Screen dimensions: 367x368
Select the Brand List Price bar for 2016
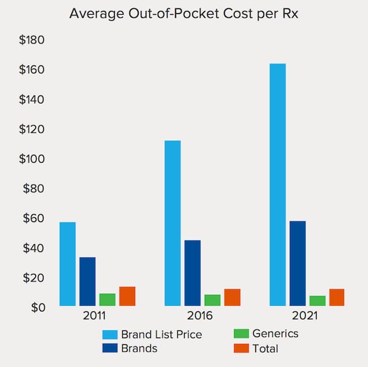click(x=172, y=223)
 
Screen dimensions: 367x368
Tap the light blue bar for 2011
click(x=68, y=264)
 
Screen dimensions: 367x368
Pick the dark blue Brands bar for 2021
click(x=298, y=263)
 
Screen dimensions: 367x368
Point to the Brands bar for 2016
click(x=193, y=273)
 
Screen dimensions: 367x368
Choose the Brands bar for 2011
click(x=87, y=281)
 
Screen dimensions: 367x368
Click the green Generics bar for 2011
click(x=108, y=300)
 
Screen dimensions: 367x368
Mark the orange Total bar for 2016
click(x=232, y=297)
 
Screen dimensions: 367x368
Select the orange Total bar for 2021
click(x=337, y=297)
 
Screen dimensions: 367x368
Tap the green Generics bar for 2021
click(x=317, y=300)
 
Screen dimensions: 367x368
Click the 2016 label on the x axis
click(x=200, y=317)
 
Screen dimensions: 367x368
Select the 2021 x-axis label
click(x=304, y=317)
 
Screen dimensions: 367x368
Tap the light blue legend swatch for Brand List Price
click(x=110, y=335)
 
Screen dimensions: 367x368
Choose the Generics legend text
click(x=275, y=333)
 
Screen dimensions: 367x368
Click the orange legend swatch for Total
click(x=242, y=348)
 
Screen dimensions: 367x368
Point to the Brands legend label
click(x=139, y=349)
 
